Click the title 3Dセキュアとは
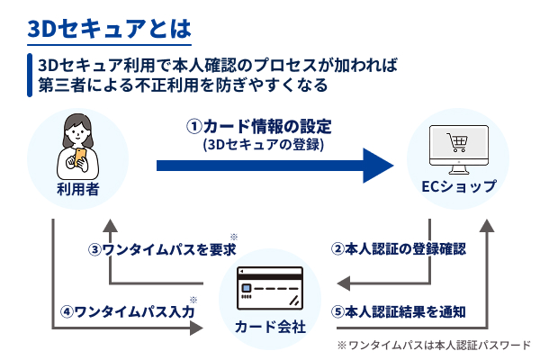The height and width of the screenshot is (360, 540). pyautogui.click(x=109, y=28)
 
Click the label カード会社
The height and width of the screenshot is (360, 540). pyautogui.click(x=270, y=324)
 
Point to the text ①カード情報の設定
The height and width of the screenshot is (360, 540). pyautogui.click(x=257, y=125)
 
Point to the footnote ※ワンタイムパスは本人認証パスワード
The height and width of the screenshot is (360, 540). pyautogui.click(x=434, y=344)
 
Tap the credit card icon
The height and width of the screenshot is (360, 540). pyautogui.click(x=270, y=288)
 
